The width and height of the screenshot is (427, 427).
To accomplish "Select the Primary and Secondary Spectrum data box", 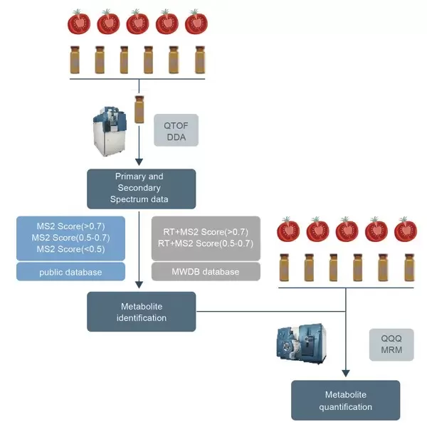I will (x=131, y=188).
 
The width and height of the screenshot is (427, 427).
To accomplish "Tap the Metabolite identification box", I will (x=131, y=312).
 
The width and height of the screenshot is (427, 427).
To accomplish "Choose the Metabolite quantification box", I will (x=346, y=401).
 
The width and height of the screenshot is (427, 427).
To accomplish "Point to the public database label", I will (x=70, y=272).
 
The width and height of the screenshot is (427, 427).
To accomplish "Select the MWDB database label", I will (x=206, y=272).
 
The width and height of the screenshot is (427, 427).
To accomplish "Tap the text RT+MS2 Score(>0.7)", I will (x=206, y=231).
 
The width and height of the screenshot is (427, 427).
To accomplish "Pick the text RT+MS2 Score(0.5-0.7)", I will (x=206, y=243).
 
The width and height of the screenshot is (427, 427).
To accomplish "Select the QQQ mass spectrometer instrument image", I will (x=301, y=346).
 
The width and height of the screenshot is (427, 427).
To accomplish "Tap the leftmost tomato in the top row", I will (x=79, y=23).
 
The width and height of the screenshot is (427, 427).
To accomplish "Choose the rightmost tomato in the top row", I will (x=196, y=23).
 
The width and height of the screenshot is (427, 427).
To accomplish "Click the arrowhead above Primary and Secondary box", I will (x=139, y=163).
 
